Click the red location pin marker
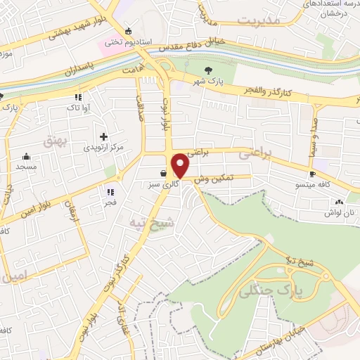tap(181, 165)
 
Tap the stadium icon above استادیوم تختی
tap(127, 30)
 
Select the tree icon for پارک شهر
tap(208, 70)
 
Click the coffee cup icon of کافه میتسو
tap(313, 173)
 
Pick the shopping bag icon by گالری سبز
tap(163, 173)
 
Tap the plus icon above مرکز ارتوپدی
tap(104, 136)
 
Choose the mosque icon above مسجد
tap(27, 156)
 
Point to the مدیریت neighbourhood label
tap(258, 20)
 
